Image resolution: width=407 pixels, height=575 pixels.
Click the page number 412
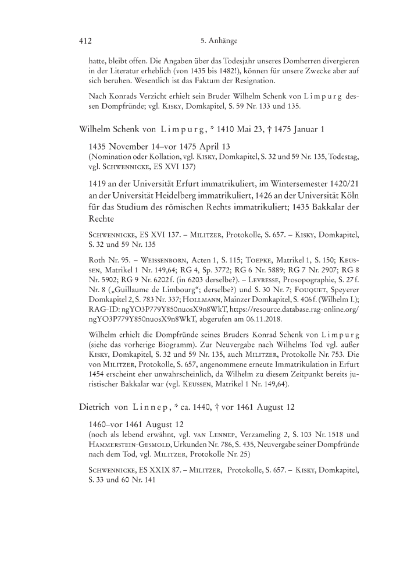(x=87, y=41)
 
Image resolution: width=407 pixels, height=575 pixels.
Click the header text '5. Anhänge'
(x=217, y=41)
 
